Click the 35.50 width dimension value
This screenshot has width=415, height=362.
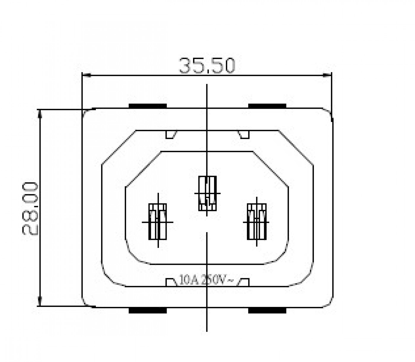point(207,65)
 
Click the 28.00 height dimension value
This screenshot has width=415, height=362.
point(30,209)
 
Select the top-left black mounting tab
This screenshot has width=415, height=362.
point(148,106)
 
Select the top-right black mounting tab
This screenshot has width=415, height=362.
point(267,106)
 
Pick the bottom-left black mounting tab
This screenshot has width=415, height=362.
point(148,310)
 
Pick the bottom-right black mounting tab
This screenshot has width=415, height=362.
point(267,310)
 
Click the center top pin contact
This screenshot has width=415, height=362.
point(207,193)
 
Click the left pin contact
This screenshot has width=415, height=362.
point(158,222)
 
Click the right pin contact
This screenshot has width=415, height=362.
point(257,222)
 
